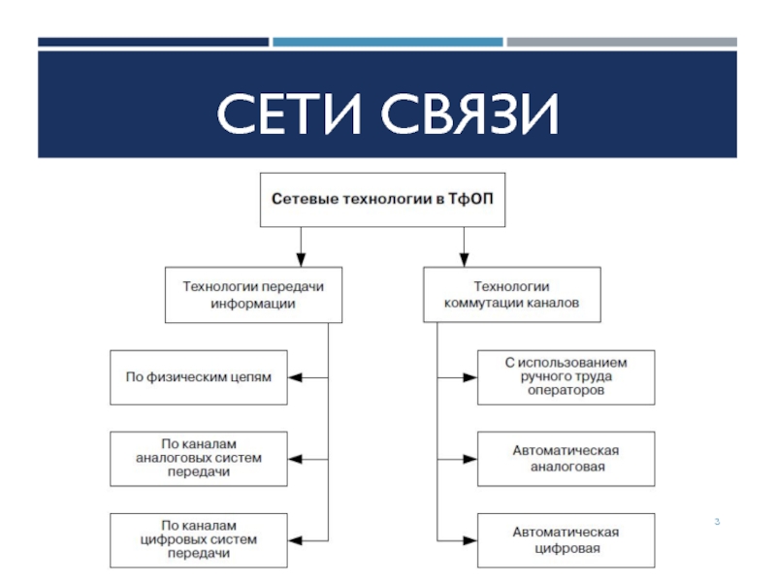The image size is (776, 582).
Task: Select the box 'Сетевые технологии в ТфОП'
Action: point(382,200)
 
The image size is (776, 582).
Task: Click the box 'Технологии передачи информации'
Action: point(253,294)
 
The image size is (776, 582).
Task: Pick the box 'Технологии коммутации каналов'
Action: point(511,294)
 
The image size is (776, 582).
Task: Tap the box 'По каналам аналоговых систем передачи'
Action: point(199,457)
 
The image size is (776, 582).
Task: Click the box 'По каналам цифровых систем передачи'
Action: point(199,539)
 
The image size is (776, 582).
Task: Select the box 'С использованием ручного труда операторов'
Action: point(566,375)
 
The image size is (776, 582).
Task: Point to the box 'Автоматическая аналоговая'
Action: point(566,457)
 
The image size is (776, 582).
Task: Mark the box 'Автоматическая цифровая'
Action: point(566,539)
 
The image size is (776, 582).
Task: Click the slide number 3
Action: point(717,524)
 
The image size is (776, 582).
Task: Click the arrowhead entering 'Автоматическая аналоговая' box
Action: point(471,457)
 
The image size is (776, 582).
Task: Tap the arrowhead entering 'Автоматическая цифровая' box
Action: point(471,539)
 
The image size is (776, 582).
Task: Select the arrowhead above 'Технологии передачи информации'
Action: point(301,259)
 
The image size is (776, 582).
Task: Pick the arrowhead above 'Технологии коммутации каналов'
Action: point(464,259)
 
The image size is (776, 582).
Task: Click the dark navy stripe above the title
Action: point(153,43)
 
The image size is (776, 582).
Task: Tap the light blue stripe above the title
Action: point(388,43)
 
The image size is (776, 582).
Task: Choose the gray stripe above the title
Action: point(622,43)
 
